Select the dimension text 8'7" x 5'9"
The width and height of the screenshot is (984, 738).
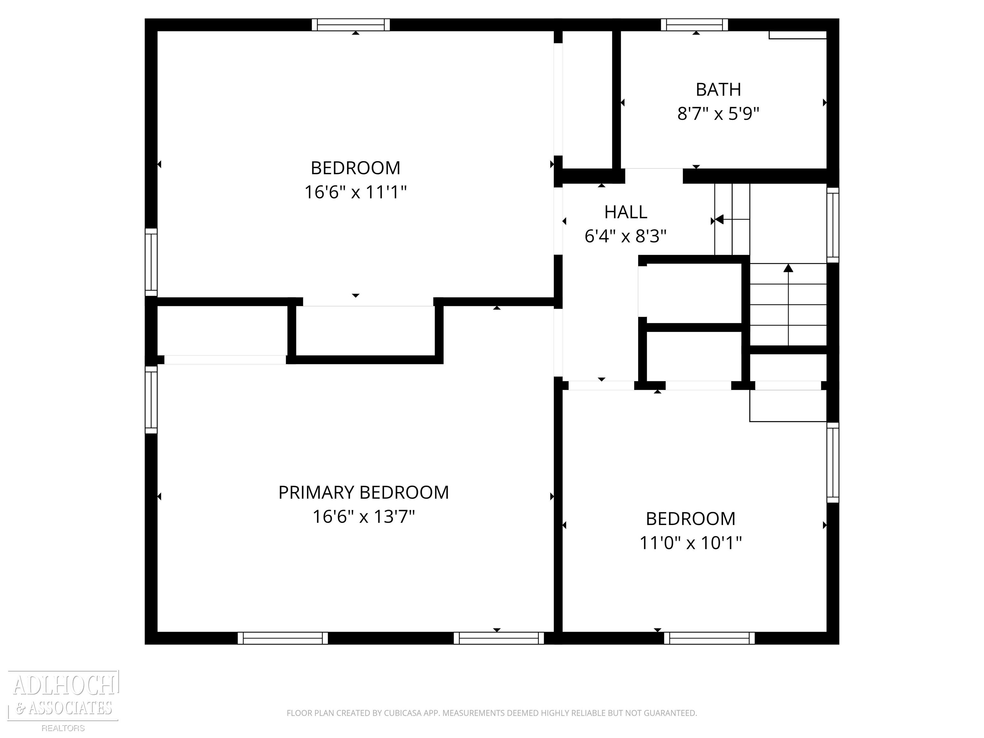pyautogui.click(x=718, y=114)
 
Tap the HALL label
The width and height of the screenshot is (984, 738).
pyautogui.click(x=626, y=212)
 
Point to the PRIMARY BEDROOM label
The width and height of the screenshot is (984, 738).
pyautogui.click(x=364, y=492)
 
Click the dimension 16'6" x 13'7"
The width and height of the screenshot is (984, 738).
pyautogui.click(x=364, y=517)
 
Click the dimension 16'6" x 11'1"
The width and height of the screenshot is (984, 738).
pyautogui.click(x=356, y=192)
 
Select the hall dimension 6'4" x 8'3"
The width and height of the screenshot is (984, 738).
pyautogui.click(x=626, y=236)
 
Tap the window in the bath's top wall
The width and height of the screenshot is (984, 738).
pyautogui.click(x=694, y=25)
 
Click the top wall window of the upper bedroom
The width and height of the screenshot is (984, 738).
pyautogui.click(x=350, y=25)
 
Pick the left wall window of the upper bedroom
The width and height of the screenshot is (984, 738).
pyautogui.click(x=151, y=262)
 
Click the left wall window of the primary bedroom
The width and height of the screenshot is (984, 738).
pyautogui.click(x=151, y=399)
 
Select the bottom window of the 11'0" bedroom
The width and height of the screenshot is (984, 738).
pyautogui.click(x=709, y=638)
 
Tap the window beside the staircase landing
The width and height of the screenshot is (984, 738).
pyautogui.click(x=833, y=225)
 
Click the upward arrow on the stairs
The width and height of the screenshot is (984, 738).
pyautogui.click(x=788, y=268)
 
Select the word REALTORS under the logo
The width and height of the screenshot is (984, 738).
pyautogui.click(x=63, y=728)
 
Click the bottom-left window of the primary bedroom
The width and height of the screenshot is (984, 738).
pyautogui.click(x=283, y=638)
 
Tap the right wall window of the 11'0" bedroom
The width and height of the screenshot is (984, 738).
pyautogui.click(x=833, y=463)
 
